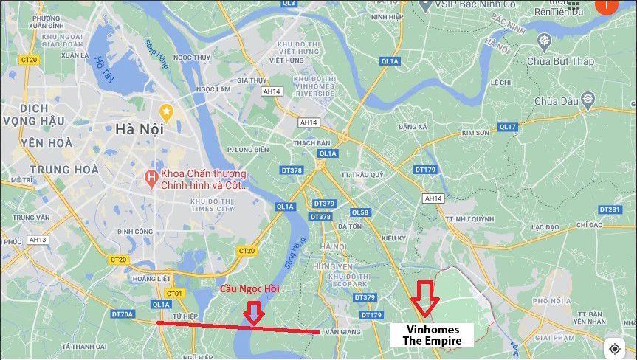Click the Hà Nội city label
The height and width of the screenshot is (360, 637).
click(138, 129)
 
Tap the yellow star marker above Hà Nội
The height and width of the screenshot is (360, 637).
click(167, 113)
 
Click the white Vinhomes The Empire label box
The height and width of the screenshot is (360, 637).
click(431, 335)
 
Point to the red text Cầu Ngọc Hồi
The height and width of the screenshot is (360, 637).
click(249, 288)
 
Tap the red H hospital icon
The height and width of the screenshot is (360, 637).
click(151, 177)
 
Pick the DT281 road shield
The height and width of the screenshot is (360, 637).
click(609, 210)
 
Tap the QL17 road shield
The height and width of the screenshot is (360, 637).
click(507, 127)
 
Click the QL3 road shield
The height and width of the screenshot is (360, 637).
click(288, 4)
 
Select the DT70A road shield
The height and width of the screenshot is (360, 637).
click(123, 314)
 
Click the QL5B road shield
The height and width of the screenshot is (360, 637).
click(360, 212)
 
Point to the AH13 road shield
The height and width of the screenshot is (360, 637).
click(37, 240)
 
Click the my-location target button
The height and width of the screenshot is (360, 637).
click(614, 348)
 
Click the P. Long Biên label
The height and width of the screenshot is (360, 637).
click(248, 150)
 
